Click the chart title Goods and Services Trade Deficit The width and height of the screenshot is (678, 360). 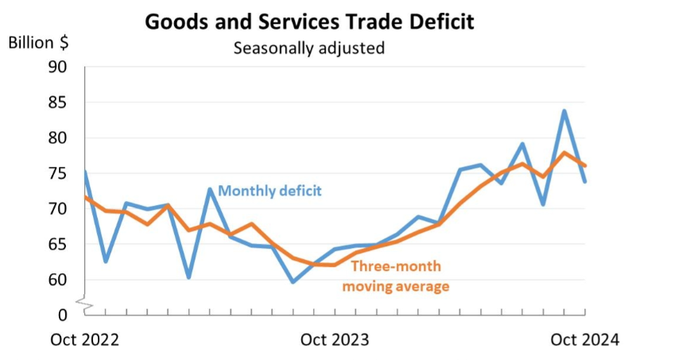(309, 21)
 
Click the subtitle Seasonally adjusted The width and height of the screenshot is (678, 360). (308, 48)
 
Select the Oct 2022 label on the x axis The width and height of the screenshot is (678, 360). (84, 339)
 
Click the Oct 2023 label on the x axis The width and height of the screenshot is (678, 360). (335, 339)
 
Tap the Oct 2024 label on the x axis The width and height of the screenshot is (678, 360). (584, 339)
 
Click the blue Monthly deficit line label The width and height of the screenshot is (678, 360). (269, 191)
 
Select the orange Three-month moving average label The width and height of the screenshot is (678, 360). (396, 276)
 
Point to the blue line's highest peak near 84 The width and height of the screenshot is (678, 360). (564, 110)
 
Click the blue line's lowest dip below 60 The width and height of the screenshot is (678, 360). (293, 282)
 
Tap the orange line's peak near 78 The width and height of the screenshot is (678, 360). (564, 153)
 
